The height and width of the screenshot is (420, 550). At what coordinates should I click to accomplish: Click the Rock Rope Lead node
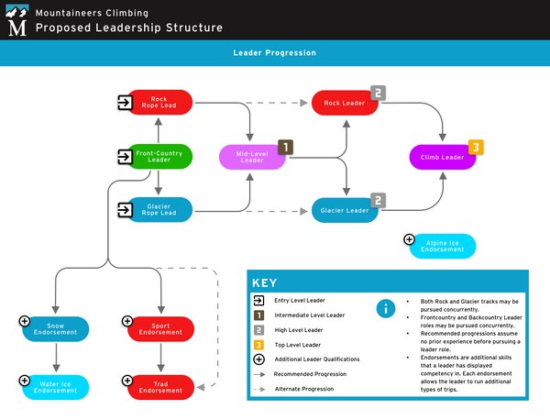click(160, 102)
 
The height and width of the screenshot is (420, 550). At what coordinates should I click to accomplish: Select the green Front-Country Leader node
click(160, 156)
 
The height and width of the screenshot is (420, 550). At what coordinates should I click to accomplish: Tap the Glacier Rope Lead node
click(160, 210)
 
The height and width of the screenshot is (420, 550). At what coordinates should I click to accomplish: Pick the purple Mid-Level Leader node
click(251, 157)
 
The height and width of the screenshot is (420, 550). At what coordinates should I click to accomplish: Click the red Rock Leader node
click(344, 103)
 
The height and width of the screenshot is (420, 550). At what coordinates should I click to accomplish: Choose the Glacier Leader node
click(344, 211)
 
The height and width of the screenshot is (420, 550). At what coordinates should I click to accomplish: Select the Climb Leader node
click(442, 157)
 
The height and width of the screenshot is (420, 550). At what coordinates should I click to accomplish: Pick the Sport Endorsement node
click(160, 328)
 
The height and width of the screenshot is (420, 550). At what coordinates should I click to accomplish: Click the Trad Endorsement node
click(160, 387)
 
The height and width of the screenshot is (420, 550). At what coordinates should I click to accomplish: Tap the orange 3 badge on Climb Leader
click(476, 147)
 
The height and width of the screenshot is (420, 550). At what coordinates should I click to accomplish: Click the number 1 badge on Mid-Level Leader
click(285, 147)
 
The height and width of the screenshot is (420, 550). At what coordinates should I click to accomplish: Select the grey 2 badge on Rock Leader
click(378, 93)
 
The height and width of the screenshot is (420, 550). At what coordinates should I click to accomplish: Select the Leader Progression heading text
click(275, 53)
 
